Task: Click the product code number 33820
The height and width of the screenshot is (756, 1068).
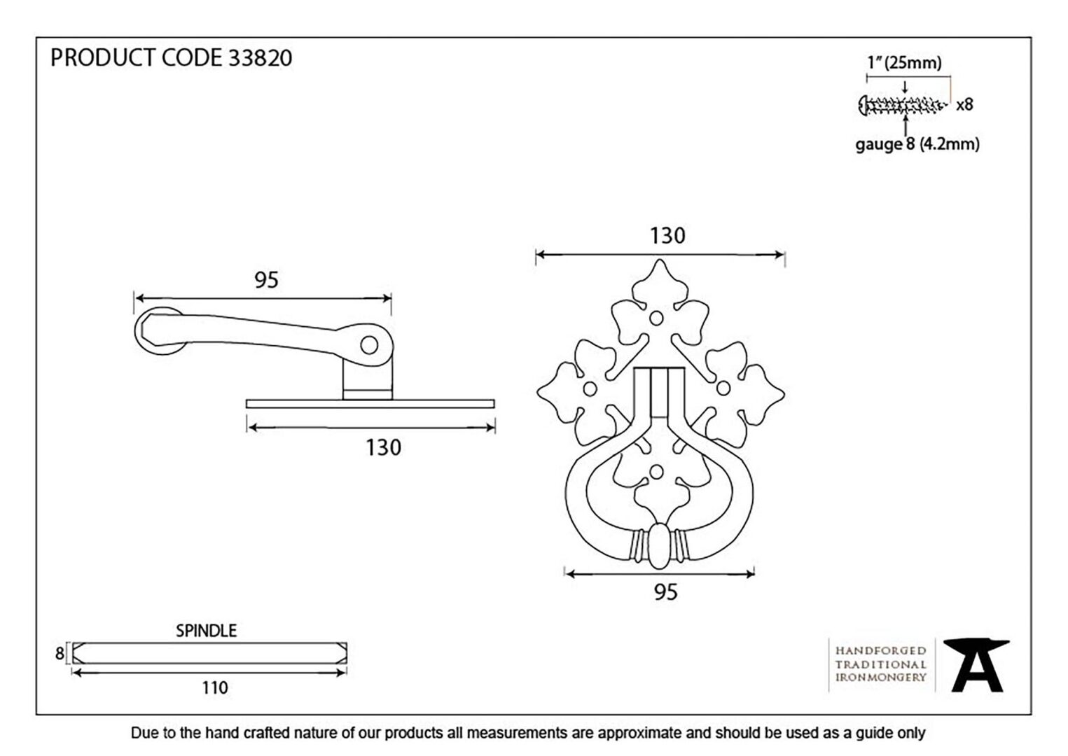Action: click(x=261, y=58)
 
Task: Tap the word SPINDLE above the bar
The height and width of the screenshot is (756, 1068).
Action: click(x=206, y=631)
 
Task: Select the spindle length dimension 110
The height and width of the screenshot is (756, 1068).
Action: click(x=215, y=688)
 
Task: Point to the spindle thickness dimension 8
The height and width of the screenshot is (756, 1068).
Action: click(x=60, y=653)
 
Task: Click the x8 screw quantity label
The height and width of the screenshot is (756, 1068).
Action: click(x=964, y=104)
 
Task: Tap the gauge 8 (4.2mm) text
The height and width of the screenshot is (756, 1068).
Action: click(x=917, y=144)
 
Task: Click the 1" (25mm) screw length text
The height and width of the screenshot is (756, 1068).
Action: click(x=904, y=62)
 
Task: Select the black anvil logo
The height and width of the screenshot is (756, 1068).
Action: click(x=976, y=666)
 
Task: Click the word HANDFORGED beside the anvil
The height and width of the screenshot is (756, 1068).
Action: click(x=880, y=651)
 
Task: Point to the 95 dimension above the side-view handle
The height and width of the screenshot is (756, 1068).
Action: click(x=266, y=280)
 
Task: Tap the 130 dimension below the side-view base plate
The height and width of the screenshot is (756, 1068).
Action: click(x=383, y=447)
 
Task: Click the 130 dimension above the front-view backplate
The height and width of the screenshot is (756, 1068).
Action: click(x=667, y=236)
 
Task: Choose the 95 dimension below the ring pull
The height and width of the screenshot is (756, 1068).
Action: click(x=665, y=592)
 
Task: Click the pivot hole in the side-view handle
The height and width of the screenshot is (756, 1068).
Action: click(x=369, y=344)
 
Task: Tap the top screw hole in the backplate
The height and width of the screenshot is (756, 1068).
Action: click(x=656, y=318)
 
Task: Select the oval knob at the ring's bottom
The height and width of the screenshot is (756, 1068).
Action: click(x=660, y=546)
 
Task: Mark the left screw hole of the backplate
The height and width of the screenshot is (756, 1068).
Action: click(x=590, y=389)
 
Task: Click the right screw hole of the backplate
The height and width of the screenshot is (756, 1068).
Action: click(x=723, y=388)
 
